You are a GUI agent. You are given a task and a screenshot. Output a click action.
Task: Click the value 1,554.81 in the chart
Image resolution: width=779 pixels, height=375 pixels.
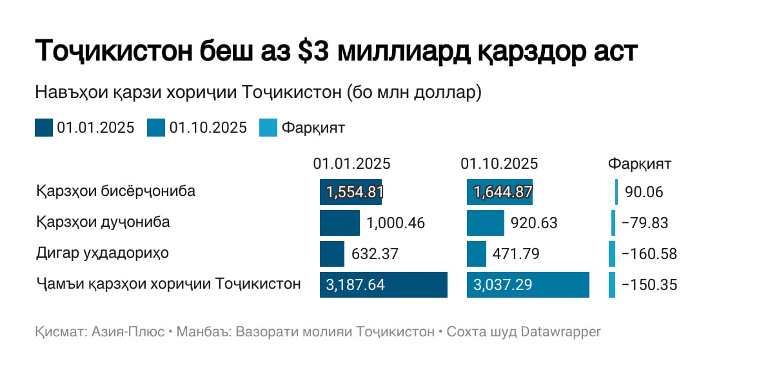(355, 192)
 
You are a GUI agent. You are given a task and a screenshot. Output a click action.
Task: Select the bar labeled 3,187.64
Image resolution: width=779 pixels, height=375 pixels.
(383, 285)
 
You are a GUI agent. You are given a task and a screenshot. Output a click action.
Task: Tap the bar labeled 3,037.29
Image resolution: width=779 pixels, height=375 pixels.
(528, 285)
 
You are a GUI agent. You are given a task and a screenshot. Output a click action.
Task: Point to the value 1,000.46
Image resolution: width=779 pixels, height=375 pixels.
(395, 223)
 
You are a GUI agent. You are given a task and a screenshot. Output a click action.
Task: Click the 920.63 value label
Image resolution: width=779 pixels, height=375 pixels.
(533, 223)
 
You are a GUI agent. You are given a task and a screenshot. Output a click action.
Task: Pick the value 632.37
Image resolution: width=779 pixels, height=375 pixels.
(375, 254)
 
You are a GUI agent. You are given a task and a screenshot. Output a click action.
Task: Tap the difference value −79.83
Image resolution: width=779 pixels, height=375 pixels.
(644, 223)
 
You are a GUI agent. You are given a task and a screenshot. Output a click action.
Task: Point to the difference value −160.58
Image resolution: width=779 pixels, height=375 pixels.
(649, 254)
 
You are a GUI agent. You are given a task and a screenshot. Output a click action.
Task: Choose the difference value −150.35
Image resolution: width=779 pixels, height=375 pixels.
(649, 285)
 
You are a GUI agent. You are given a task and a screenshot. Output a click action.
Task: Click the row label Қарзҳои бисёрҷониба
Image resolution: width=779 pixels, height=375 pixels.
(116, 191)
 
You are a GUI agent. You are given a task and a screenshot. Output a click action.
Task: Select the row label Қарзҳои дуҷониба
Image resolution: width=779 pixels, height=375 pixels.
(103, 222)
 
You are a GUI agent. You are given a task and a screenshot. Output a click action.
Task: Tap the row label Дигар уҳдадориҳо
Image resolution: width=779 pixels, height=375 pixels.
(103, 253)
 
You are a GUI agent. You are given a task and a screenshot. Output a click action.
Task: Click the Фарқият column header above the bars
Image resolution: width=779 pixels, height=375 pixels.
(640, 164)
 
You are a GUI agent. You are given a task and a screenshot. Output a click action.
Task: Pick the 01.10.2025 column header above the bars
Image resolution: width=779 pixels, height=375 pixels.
(499, 164)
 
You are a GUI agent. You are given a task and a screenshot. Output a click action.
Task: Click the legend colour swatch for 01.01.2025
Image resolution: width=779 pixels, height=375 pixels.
(44, 128)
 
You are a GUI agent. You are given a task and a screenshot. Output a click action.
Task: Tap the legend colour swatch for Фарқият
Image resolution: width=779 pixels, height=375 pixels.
(268, 128)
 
